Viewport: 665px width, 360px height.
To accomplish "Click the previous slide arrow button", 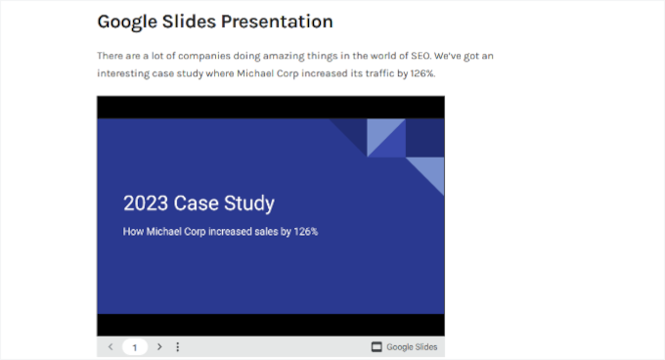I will tap(111, 347).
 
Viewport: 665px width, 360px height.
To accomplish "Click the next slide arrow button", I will tap(159, 347).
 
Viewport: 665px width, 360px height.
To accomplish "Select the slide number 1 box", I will tap(135, 347).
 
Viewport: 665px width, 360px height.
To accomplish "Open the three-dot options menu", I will tap(177, 347).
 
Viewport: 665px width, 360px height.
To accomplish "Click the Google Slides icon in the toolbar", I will tap(377, 347).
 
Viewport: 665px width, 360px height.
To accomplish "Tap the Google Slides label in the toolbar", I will tap(412, 347).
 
